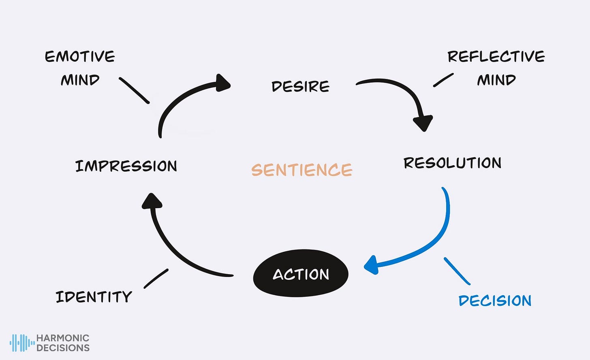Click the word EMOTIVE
pyautogui.click(x=80, y=56)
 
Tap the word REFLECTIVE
pyautogui.click(x=496, y=56)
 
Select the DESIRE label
pyautogui.click(x=301, y=86)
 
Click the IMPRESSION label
pyautogui.click(x=126, y=166)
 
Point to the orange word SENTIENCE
pyautogui.click(x=302, y=170)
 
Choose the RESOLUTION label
pyautogui.click(x=453, y=163)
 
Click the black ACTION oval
pyautogui.click(x=301, y=273)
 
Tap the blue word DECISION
pyautogui.click(x=495, y=300)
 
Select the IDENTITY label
pyautogui.click(x=94, y=296)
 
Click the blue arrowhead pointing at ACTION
pyautogui.click(x=371, y=265)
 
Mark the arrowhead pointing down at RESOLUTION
pyautogui.click(x=423, y=123)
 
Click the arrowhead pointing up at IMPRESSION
pyautogui.click(x=152, y=201)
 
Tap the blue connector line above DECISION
pyautogui.click(x=457, y=271)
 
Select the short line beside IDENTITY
pyautogui.click(x=156, y=279)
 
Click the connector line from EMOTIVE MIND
pyautogui.click(x=135, y=91)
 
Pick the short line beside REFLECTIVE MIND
pyautogui.click(x=443, y=80)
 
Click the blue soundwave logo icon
pyautogui.click(x=22, y=343)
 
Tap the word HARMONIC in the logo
pyautogui.click(x=63, y=338)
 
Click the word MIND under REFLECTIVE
pyautogui.click(x=496, y=80)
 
